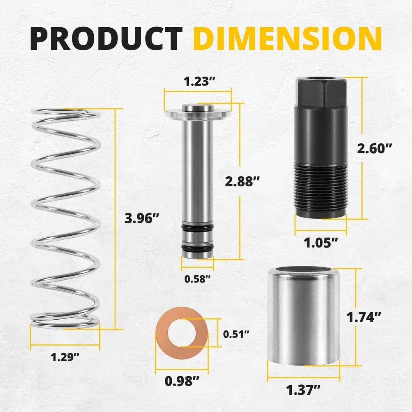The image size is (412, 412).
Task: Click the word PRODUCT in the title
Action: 106,38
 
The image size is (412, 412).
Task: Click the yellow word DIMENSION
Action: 288,38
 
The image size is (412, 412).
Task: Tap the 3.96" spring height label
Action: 142,218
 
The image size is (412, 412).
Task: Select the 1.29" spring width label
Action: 65,357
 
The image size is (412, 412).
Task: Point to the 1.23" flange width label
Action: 199,81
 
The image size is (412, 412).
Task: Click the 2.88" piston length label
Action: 242,181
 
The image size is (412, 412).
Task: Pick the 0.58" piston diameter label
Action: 197,279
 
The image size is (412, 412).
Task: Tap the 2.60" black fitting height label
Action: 375,148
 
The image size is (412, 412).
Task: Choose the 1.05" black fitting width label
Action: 321,243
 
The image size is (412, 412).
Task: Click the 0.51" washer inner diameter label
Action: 236,334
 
